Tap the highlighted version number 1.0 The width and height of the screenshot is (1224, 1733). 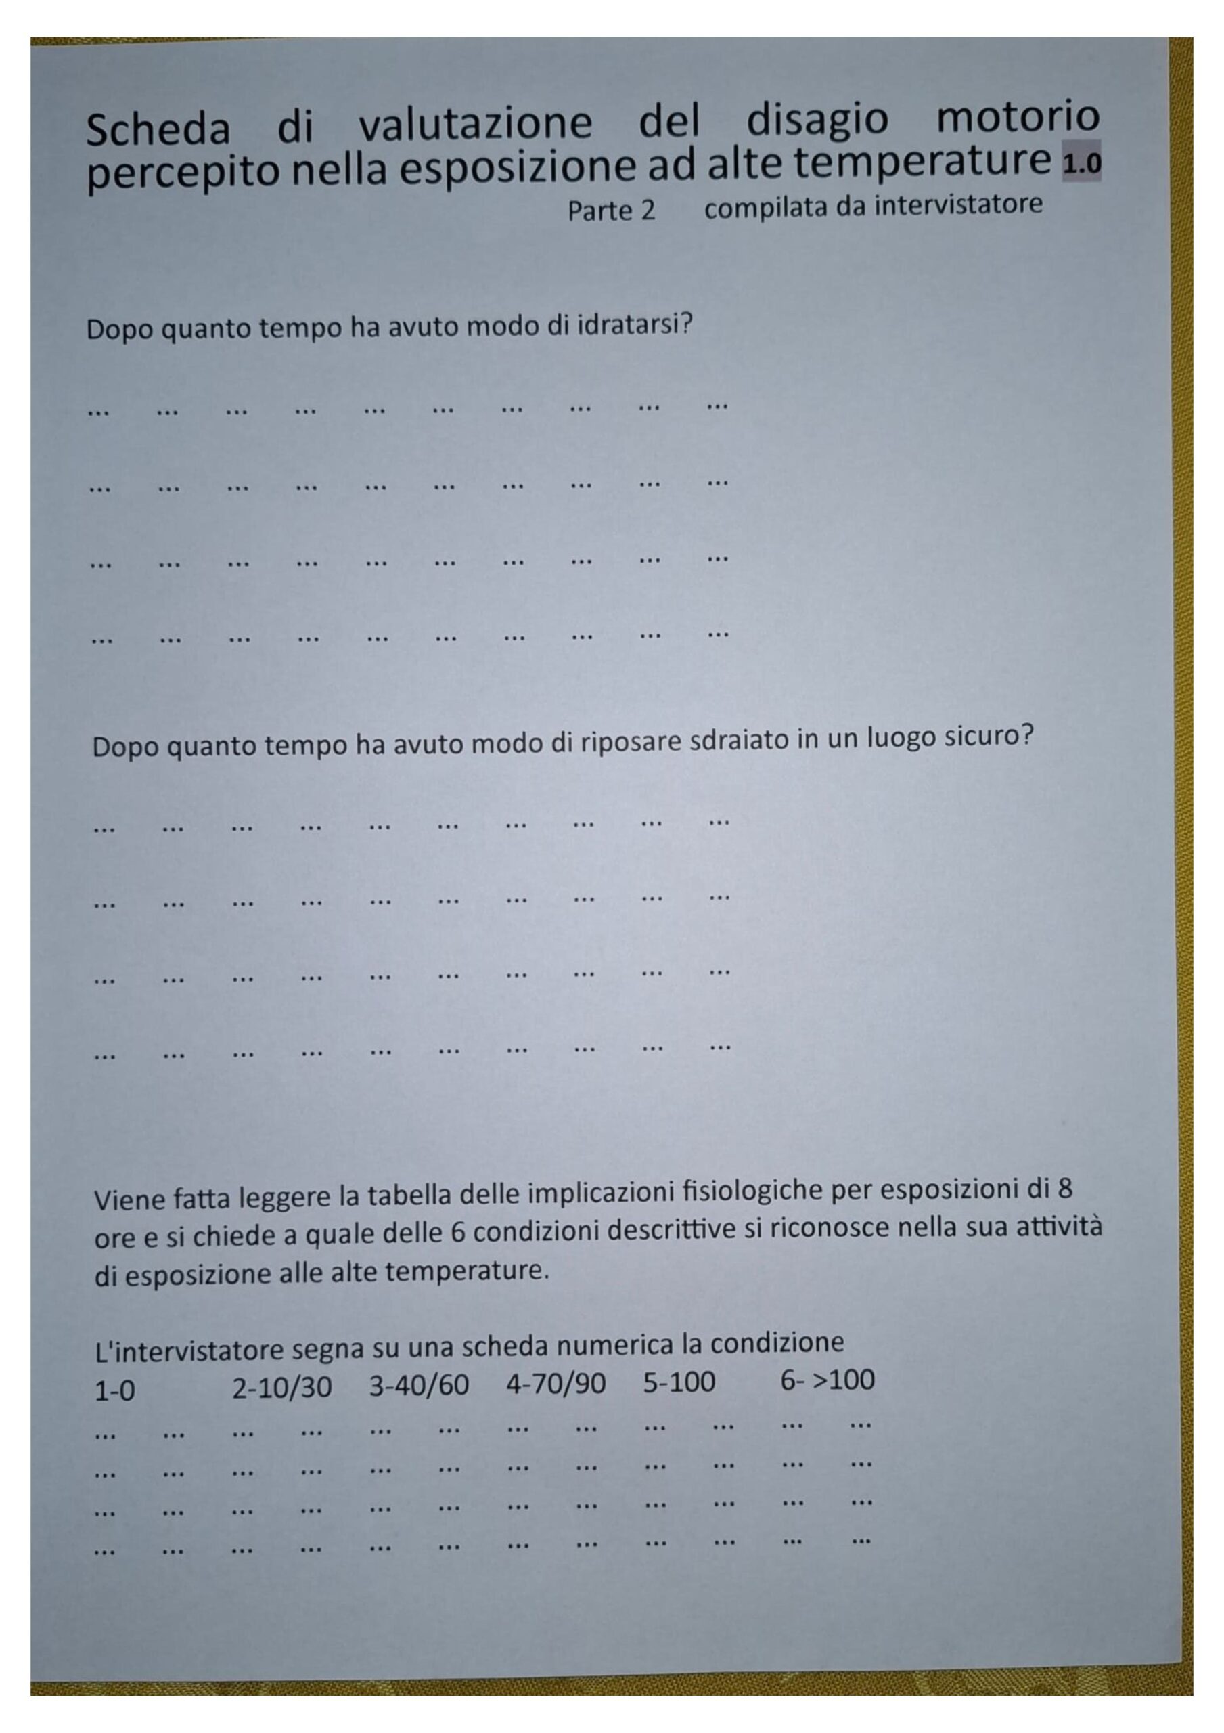[x=1081, y=162]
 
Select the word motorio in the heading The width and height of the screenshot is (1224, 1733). [x=1017, y=116]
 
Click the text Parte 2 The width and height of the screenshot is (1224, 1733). [x=610, y=211]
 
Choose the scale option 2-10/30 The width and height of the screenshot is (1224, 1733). [x=281, y=1386]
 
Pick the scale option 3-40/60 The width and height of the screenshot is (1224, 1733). [x=419, y=1384]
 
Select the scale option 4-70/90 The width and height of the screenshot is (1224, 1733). [x=556, y=1383]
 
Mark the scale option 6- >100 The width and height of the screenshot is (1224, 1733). [x=827, y=1379]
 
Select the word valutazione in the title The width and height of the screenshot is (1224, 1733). [x=476, y=124]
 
